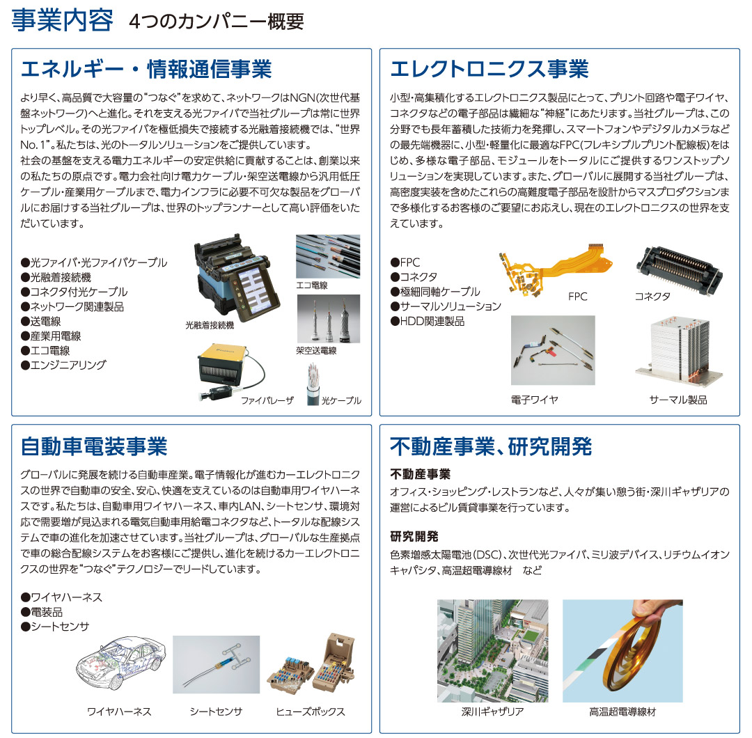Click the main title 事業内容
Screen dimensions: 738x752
62,20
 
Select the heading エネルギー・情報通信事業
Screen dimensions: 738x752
146,69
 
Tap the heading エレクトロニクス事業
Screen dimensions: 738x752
489,69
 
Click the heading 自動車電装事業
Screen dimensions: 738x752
94,445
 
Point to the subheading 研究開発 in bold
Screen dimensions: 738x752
414,536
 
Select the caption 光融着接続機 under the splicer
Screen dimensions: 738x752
210,324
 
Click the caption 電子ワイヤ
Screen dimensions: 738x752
534,400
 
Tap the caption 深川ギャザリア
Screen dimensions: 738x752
492,712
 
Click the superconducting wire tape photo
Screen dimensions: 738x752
622,651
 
